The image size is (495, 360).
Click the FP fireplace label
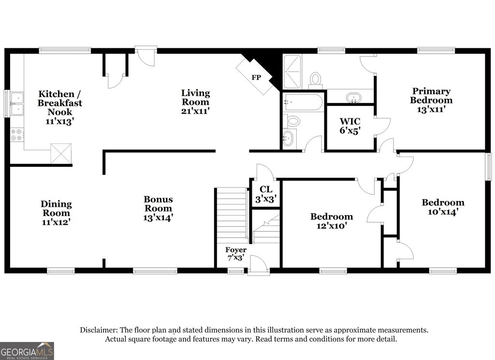[x=256, y=77]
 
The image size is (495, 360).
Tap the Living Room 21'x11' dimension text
[x=195, y=111]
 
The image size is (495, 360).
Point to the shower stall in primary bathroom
[x=292, y=72]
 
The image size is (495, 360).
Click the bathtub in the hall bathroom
[x=303, y=102]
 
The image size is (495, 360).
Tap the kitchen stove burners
[x=16, y=134]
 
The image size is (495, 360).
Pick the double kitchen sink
[x=16, y=104]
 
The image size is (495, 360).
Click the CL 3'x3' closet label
[x=266, y=193]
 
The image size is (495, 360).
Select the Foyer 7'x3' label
[x=236, y=254]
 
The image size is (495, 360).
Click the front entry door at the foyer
[x=259, y=265]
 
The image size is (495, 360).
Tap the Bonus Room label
[x=158, y=203]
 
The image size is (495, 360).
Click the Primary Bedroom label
[x=431, y=96]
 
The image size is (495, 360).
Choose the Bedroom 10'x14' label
[x=443, y=207]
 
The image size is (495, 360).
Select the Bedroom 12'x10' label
[x=331, y=221]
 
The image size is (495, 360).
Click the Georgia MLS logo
[x=27, y=351]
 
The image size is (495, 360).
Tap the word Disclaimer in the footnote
[x=99, y=330]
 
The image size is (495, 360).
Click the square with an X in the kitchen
[x=61, y=153]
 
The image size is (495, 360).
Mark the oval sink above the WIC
[x=354, y=98]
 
